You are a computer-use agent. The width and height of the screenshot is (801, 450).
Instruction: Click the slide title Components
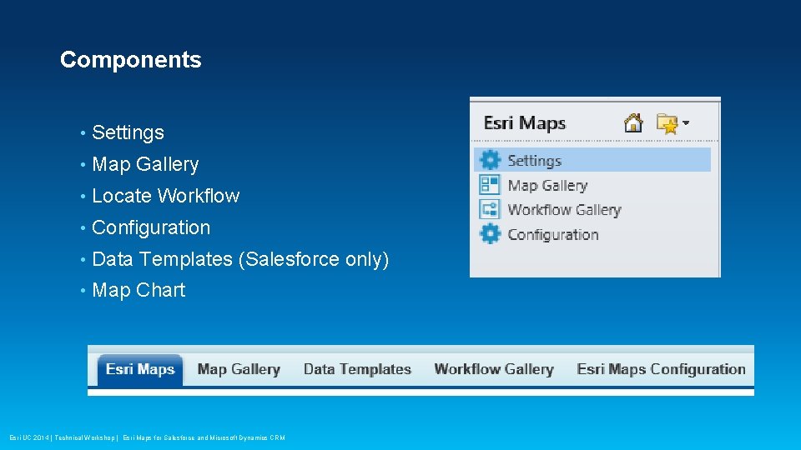[x=130, y=60]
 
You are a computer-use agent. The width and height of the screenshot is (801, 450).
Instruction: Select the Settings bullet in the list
[x=128, y=132]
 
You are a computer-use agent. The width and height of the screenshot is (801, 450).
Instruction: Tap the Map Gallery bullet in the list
[x=145, y=164]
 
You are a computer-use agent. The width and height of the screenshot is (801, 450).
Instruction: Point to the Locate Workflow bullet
[x=165, y=196]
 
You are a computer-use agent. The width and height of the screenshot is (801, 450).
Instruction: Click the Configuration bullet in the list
[x=151, y=227]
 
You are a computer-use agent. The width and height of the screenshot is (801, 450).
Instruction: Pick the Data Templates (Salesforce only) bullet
[x=240, y=259]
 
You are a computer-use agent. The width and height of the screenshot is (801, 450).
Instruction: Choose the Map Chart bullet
[x=139, y=290]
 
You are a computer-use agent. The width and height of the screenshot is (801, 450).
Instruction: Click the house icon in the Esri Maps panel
[x=634, y=123]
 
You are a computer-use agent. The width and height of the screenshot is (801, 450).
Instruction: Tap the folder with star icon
[x=667, y=124]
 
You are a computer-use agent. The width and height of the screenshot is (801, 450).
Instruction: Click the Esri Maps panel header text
[x=525, y=123]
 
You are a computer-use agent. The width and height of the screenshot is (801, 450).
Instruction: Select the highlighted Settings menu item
[x=534, y=161]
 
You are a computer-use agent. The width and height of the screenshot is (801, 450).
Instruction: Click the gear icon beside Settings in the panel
[x=490, y=161]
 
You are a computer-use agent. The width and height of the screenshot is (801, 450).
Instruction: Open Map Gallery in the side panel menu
[x=547, y=185]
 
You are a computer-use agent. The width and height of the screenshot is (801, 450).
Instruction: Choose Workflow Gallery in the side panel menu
[x=564, y=210]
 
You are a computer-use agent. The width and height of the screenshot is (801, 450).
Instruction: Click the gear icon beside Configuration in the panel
[x=490, y=234]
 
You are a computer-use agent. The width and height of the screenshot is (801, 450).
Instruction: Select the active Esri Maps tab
[x=140, y=369]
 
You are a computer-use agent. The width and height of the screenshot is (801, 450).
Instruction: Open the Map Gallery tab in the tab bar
[x=239, y=369]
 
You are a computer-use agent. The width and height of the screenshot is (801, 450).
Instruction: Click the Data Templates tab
[x=357, y=369]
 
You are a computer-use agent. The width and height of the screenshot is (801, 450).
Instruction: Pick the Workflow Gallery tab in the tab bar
[x=494, y=369]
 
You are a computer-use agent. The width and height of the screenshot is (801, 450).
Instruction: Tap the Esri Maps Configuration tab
[x=661, y=369]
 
